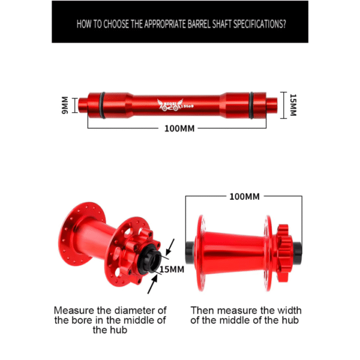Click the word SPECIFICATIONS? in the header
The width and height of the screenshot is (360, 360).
point(254,25)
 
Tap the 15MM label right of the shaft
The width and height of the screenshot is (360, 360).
point(293,106)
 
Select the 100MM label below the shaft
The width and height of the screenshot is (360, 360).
point(178,128)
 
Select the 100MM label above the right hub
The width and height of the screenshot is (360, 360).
point(244,196)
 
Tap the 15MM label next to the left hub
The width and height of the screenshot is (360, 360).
point(172,269)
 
